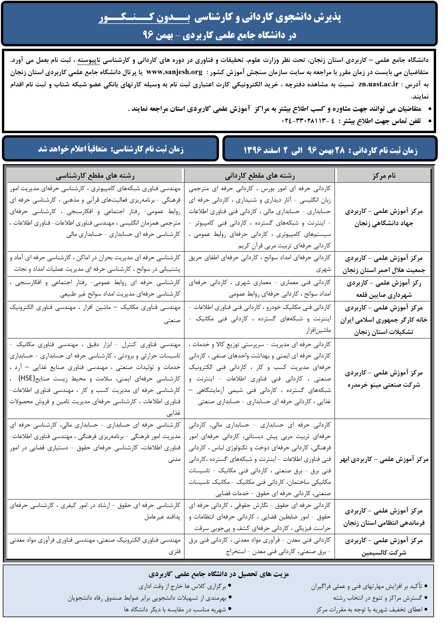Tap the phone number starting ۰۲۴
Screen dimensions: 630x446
[x=308, y=121]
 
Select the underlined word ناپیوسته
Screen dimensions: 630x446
[x=88, y=60]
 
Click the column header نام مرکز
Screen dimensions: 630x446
[x=384, y=176]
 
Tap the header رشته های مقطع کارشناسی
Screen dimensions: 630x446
[x=95, y=176]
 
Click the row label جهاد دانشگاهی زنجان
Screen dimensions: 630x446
[x=384, y=223]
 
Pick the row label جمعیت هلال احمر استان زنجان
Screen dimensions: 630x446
[x=384, y=270]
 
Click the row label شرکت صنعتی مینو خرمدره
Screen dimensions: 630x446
[x=384, y=385]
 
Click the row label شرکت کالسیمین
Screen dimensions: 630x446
[x=384, y=553]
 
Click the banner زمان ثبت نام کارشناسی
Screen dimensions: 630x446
[x=110, y=149]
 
